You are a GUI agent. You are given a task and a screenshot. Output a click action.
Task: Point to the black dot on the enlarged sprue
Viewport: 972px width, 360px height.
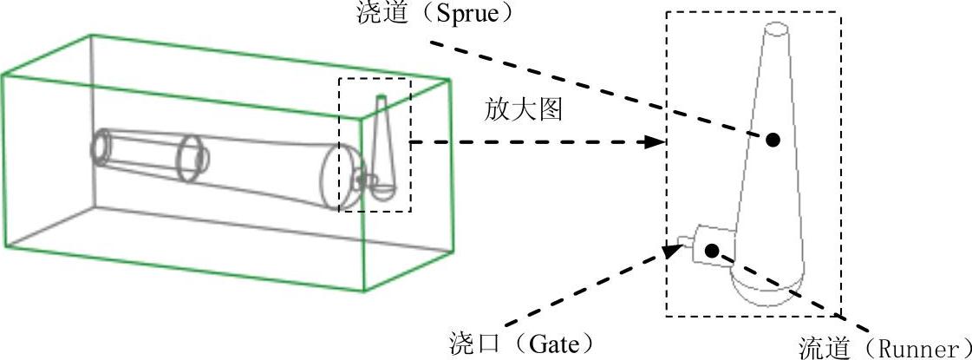coord(773,139)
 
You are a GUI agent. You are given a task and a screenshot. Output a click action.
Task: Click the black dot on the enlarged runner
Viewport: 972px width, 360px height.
coord(712,251)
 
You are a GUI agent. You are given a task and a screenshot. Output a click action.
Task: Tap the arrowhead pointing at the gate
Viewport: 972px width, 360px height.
coord(669,251)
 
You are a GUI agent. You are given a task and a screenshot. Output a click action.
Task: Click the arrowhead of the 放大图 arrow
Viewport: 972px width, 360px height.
coord(656,142)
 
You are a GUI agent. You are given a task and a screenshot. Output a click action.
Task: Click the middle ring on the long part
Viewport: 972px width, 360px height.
coord(193,158)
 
